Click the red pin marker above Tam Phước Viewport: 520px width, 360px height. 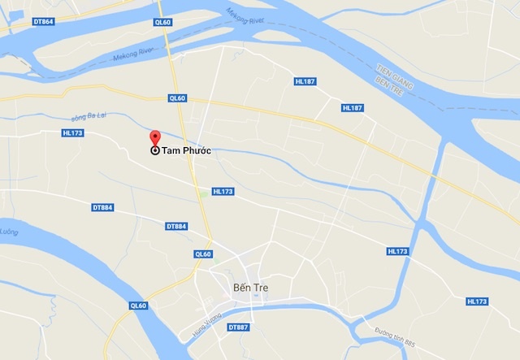coord(155,137)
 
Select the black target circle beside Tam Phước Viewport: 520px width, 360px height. coord(155,150)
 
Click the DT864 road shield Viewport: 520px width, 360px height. coord(43,21)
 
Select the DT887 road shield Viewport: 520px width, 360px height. coord(238,327)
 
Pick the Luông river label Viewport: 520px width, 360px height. coord(9,232)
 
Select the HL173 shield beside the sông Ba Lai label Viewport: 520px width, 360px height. coord(73,132)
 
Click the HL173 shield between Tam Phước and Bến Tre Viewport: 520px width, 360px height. coord(223,192)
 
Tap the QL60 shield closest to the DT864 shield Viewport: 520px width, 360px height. coord(162,23)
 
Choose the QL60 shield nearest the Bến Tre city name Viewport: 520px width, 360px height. coord(203,254)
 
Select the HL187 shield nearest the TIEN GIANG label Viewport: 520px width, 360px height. coord(352,108)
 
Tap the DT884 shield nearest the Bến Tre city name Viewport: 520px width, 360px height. coord(176,226)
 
